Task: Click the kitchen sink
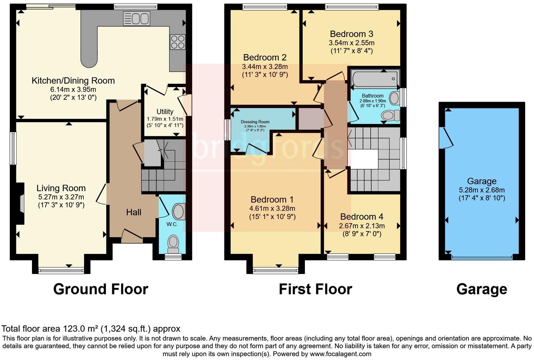coord(137,19)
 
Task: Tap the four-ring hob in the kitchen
coord(177,42)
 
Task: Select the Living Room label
coord(61,188)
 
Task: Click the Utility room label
coord(165,112)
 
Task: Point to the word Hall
coord(133,212)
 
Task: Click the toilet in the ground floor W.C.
coord(173,243)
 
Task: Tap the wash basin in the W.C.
coord(178,211)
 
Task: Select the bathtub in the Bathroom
coord(375,78)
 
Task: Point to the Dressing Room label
coord(255,122)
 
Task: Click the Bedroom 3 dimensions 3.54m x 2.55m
coord(351,43)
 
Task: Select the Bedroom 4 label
coord(362,217)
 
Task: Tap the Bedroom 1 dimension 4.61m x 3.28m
coord(272,208)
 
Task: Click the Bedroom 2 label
coord(265,57)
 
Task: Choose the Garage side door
coord(446,137)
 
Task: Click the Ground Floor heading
coord(100,289)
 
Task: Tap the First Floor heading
coord(315,289)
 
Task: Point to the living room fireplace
coord(21,204)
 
